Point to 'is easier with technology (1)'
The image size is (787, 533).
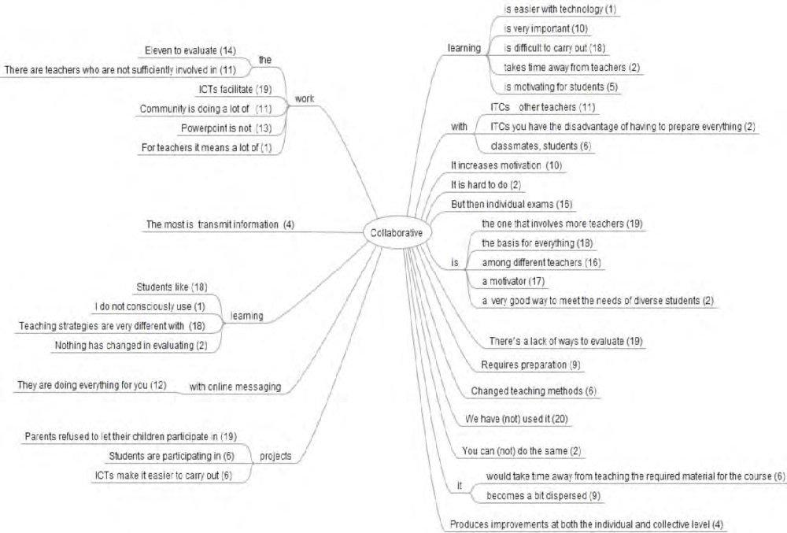coord(560,9)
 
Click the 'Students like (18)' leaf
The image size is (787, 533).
coord(172,287)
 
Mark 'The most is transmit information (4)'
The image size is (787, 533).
coord(220,224)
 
